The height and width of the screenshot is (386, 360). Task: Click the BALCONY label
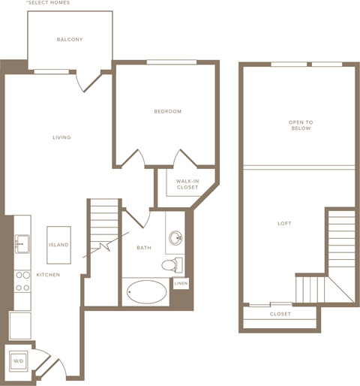70,40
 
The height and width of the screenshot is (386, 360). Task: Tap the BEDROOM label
168,111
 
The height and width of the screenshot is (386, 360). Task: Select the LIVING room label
61,137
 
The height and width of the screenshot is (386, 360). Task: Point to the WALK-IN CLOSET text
187,184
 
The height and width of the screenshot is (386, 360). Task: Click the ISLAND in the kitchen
58,245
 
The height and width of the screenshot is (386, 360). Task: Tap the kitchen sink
22,244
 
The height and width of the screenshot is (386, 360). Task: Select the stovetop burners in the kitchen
22,282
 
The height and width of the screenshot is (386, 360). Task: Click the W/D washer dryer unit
19,361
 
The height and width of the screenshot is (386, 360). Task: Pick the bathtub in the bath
146,292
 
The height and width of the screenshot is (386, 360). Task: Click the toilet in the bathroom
172,265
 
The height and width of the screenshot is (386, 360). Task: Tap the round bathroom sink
175,237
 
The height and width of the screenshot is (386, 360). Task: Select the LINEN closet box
181,283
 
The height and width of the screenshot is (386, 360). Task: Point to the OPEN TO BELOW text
301,125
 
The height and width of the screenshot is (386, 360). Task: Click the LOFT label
284,224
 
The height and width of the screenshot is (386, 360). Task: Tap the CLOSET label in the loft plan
280,314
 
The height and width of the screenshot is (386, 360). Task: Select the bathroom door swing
137,218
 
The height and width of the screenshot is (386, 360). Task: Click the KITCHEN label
48,275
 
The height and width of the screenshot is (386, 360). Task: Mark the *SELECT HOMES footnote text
48,3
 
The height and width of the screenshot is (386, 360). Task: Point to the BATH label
144,248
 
